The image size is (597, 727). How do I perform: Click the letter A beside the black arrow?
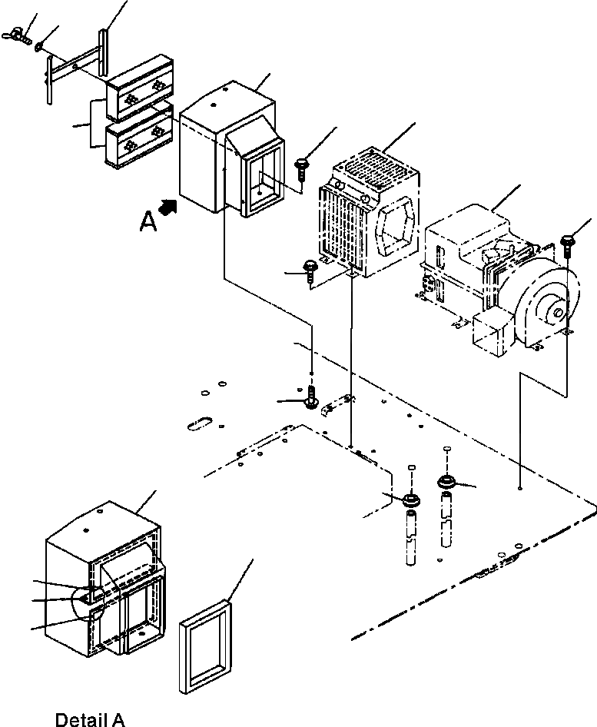[x=148, y=221]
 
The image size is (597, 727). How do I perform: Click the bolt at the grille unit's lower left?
[x=310, y=270]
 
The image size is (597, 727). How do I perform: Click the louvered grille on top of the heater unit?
[x=376, y=165]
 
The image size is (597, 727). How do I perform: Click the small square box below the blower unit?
[x=489, y=335]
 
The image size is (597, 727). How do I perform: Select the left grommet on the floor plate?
[x=412, y=500]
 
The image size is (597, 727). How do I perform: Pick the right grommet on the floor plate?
[x=446, y=483]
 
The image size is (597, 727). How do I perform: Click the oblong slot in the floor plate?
[x=199, y=421]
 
